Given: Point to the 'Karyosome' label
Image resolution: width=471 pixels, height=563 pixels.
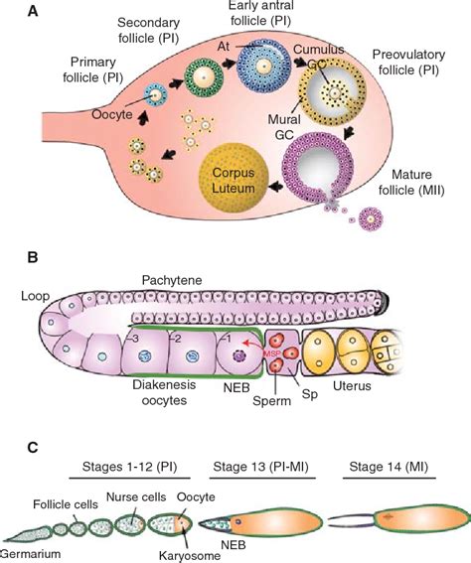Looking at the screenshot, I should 182,553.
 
